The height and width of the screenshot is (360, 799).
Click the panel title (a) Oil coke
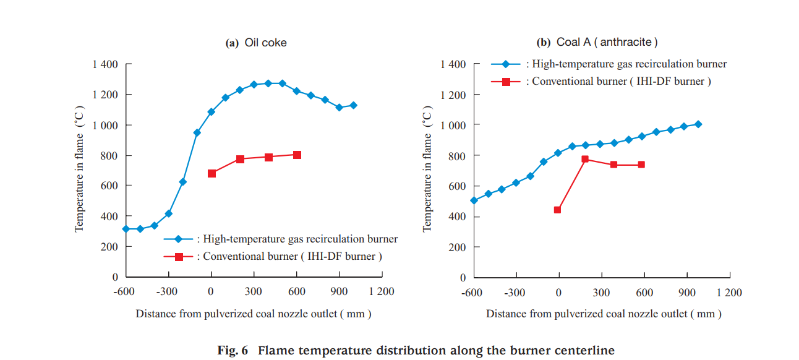click(x=256, y=43)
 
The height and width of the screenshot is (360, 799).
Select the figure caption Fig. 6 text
click(x=416, y=351)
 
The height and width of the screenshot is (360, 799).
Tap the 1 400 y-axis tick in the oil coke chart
click(x=105, y=64)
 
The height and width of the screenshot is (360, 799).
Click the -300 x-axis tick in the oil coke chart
click(x=168, y=292)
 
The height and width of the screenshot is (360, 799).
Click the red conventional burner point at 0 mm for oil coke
click(x=211, y=173)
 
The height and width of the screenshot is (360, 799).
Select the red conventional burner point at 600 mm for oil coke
click(x=297, y=155)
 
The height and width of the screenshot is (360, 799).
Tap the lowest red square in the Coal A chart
click(x=557, y=210)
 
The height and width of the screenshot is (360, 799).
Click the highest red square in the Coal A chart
click(x=585, y=159)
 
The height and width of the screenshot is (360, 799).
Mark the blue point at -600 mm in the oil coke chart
click(x=126, y=229)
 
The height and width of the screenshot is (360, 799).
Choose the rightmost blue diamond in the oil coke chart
click(x=353, y=105)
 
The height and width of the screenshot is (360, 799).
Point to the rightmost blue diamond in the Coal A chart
click(x=698, y=124)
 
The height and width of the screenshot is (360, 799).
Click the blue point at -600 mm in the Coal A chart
click(x=474, y=200)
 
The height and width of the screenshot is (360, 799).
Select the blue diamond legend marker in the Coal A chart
click(x=506, y=64)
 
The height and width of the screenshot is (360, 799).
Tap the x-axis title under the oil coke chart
click(x=254, y=314)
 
